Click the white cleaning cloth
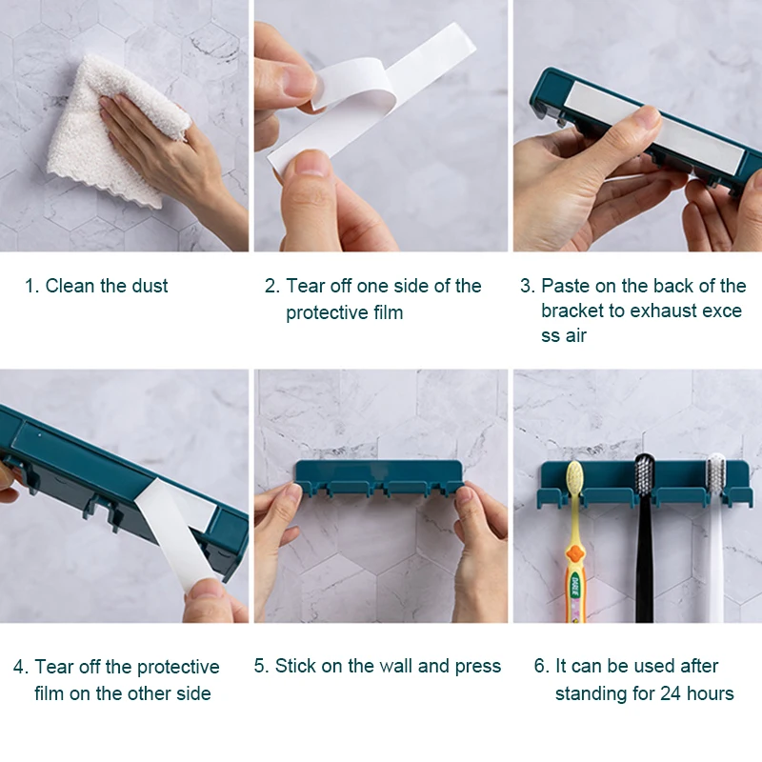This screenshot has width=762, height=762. point(111,131)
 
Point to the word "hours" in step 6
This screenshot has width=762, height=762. point(711,693)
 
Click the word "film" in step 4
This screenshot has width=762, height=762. point(49,693)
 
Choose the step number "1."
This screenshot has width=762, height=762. point(31,286)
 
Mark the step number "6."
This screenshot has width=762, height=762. point(541,666)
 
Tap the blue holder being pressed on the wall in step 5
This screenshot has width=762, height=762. point(379,478)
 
